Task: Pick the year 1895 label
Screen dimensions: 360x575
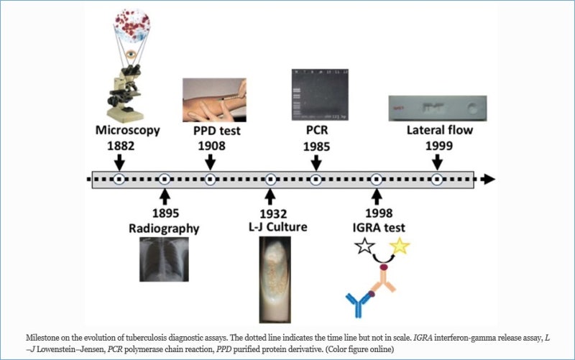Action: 165,213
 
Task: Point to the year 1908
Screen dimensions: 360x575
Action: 211,146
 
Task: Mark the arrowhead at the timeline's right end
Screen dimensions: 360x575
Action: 488,179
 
